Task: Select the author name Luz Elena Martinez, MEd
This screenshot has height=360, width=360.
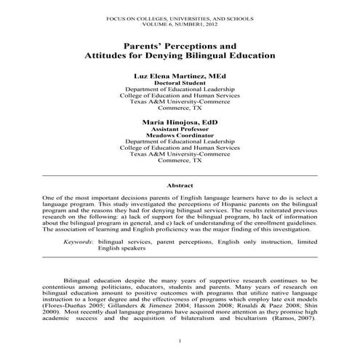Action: pos(180,76)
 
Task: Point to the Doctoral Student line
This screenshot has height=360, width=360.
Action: pos(180,83)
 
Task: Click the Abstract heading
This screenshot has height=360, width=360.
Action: pos(180,185)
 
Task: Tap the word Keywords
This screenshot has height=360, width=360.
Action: pos(77,240)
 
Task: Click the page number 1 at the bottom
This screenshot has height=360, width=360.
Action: pos(180,341)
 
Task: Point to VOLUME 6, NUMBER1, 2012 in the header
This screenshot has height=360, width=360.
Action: pos(180,21)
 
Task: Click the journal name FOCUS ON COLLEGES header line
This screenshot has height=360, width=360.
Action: pos(180,15)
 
